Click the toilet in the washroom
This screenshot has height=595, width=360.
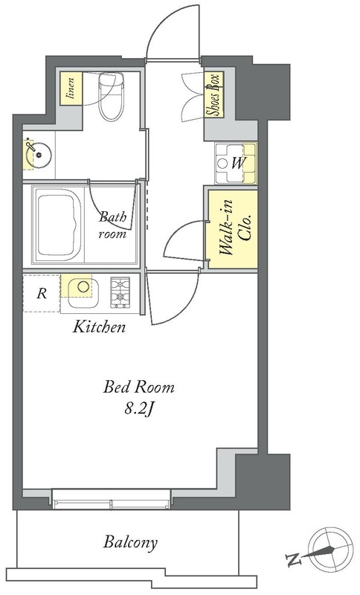pos(109,97)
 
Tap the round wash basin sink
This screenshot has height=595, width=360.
pos(39,155)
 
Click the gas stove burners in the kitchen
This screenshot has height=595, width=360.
pos(120,292)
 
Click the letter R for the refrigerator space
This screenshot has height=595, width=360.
pos(42,293)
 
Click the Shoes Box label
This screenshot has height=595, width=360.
pos(213,95)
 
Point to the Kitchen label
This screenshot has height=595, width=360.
pos(99,327)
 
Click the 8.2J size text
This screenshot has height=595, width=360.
pos(140,410)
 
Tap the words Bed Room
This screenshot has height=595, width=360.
pos(139,387)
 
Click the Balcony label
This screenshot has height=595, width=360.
pos(130,543)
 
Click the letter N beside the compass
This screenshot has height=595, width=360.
pos(292,559)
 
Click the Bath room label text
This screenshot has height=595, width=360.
pos(112,225)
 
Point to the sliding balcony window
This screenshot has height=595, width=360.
pos(111,499)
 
